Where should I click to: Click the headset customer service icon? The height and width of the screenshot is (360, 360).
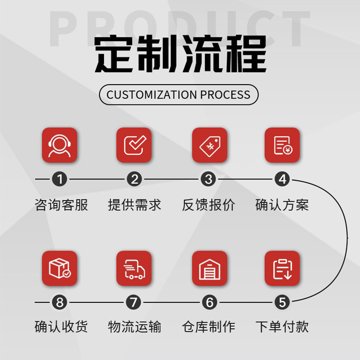click(x=59, y=145)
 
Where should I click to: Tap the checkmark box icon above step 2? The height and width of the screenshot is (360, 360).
click(x=134, y=145)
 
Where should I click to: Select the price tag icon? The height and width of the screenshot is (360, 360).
click(x=209, y=145)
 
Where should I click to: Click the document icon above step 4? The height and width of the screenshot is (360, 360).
click(x=282, y=145)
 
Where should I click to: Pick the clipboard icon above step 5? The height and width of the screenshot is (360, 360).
click(x=282, y=268)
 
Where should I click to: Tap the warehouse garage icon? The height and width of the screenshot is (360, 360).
click(x=209, y=268)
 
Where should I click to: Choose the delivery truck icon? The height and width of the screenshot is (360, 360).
click(x=134, y=268)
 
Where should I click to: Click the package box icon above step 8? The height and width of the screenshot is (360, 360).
click(x=59, y=268)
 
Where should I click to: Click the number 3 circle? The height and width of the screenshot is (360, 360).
click(x=208, y=180)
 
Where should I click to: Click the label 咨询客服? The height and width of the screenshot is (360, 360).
click(x=61, y=205)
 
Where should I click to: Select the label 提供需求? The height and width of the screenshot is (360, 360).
click(x=135, y=205)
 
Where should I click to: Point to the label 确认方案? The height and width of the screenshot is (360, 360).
click(x=282, y=205)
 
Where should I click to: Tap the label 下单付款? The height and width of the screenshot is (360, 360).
click(x=282, y=327)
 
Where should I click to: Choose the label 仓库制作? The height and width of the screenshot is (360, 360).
click(x=208, y=327)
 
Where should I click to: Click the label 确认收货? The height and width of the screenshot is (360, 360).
click(x=61, y=327)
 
